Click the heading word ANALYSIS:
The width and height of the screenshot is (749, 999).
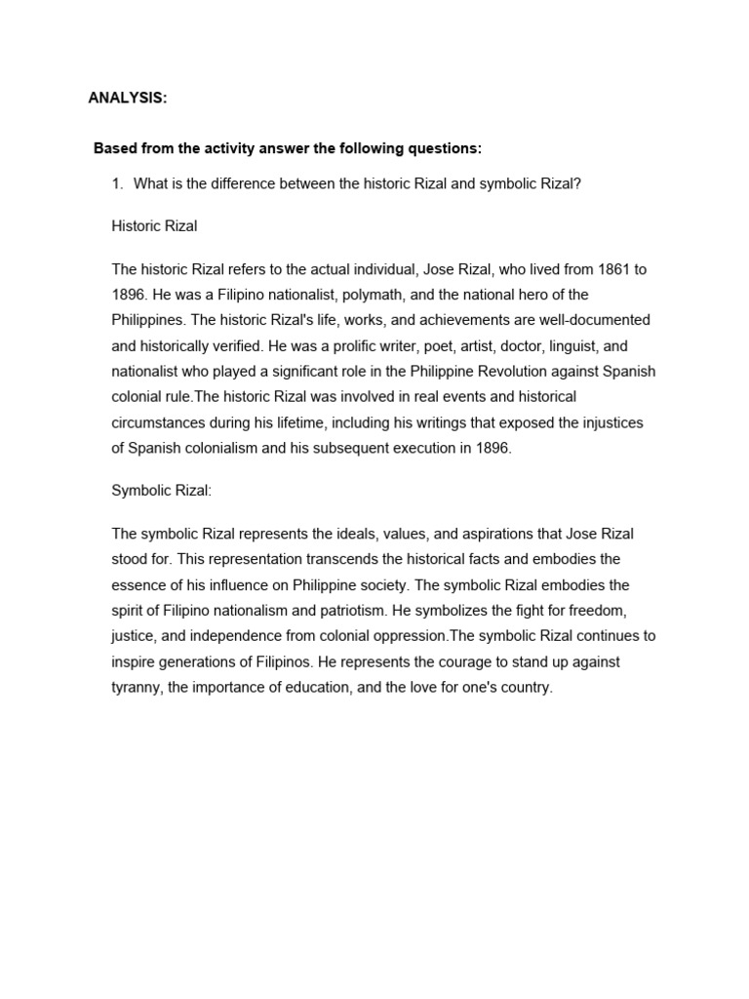click(x=127, y=98)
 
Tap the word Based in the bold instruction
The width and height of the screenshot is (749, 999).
click(x=115, y=148)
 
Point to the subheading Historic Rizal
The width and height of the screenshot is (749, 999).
click(x=154, y=225)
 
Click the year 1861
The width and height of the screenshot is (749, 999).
click(x=598, y=268)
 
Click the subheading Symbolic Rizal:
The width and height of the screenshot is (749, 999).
click(x=161, y=491)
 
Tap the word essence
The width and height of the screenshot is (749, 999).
click(x=138, y=585)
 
